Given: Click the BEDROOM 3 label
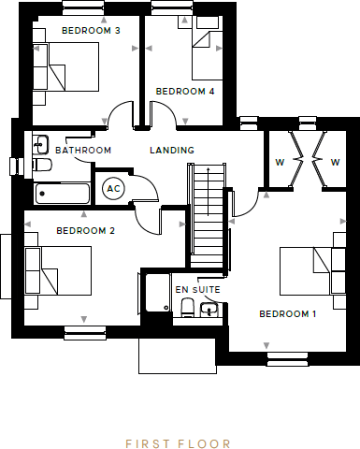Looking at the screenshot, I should [x=91, y=30].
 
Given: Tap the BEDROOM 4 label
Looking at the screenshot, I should [x=185, y=91].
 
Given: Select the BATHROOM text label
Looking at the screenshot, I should [x=83, y=150].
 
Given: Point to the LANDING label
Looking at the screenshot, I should [x=172, y=150].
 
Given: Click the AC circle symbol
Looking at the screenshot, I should [x=113, y=188].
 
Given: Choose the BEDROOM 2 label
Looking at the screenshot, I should [x=85, y=230].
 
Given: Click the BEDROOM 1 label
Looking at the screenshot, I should [x=288, y=313].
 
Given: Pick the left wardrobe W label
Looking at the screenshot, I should [x=279, y=162].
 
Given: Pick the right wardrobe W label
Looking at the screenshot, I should [x=334, y=162].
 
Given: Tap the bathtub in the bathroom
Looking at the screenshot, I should [x=62, y=194].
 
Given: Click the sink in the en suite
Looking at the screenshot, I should [x=209, y=308].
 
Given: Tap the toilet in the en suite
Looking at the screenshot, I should [x=186, y=308].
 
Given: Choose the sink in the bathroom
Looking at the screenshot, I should [x=40, y=144].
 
